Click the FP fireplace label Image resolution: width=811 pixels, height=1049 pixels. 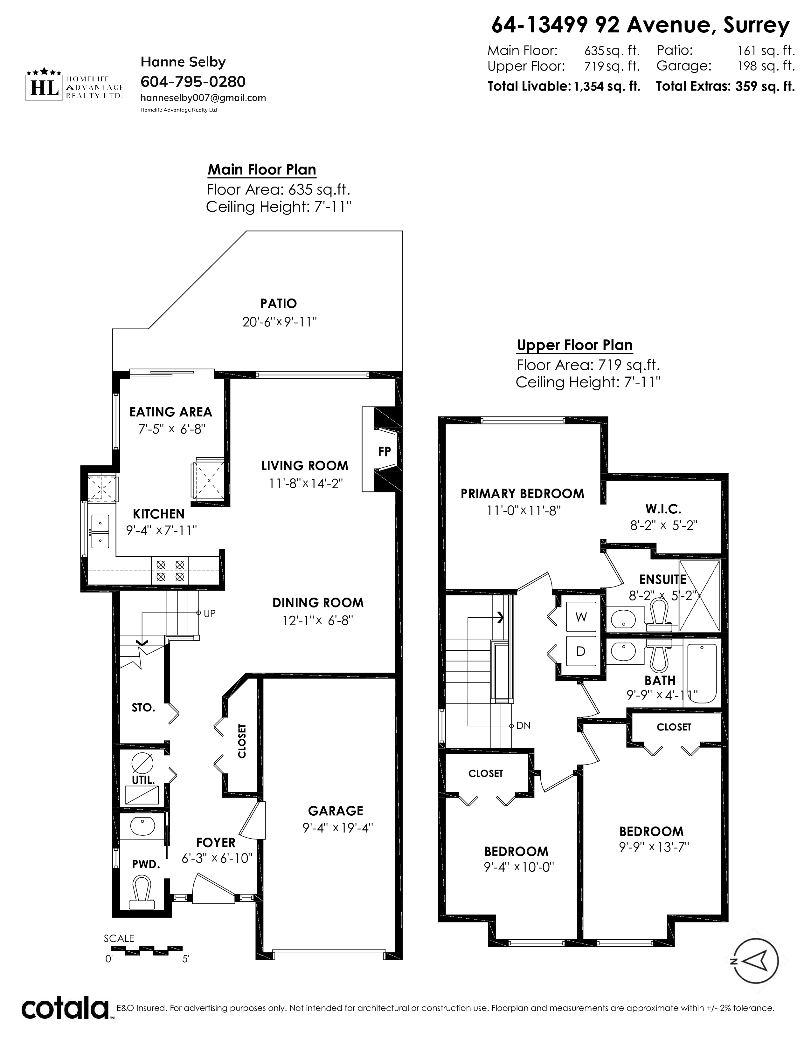click(385, 451)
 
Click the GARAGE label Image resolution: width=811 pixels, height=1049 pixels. click(335, 811)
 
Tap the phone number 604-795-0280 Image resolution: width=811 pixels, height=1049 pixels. click(193, 82)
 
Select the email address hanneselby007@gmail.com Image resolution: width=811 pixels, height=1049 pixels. click(203, 98)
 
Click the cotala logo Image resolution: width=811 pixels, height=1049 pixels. click(65, 1009)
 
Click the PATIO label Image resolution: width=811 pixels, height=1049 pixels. click(279, 304)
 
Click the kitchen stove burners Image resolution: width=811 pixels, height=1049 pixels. click(170, 571)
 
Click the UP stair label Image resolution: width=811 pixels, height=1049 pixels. click(210, 614)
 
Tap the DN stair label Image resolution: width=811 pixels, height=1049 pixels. click(523, 725)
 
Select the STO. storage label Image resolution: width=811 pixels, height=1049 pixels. click(143, 708)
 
